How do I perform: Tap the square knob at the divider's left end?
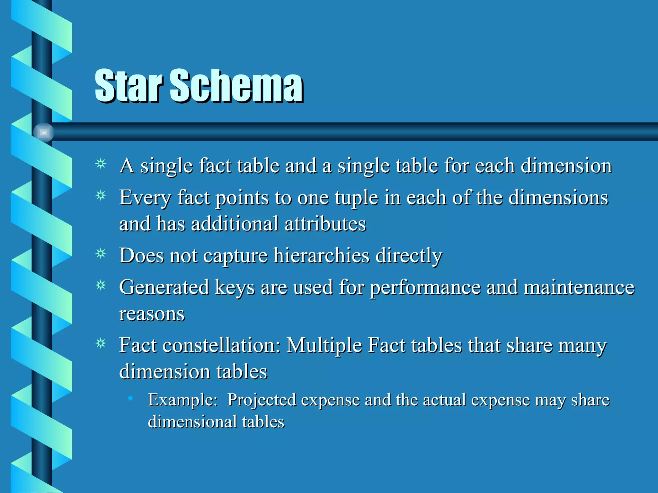click(44, 132)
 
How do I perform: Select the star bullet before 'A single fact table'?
click(101, 164)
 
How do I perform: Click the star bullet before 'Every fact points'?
click(101, 195)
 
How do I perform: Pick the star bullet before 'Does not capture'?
click(101, 254)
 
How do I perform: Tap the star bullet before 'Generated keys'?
click(101, 285)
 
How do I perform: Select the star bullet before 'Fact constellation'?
click(101, 344)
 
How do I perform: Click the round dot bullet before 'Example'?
click(130, 398)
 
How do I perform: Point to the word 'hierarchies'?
click(321, 256)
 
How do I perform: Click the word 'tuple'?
click(356, 198)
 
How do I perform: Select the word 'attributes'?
click(325, 224)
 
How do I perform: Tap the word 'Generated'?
click(164, 287)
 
